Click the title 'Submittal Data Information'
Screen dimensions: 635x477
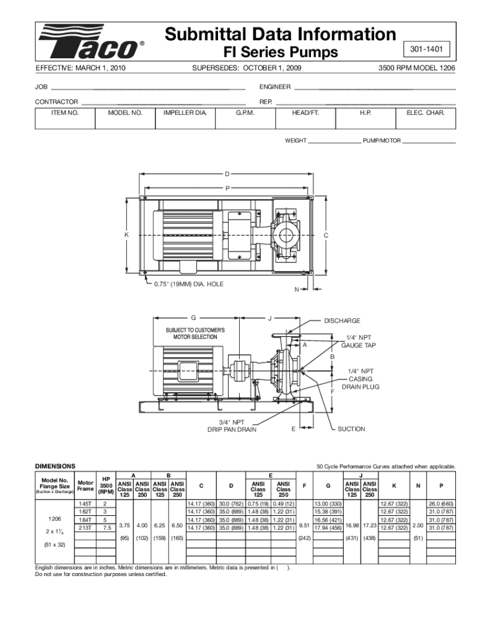pos(280,33)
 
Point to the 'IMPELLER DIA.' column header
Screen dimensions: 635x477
pos(185,113)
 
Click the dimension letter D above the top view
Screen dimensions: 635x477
pos(227,173)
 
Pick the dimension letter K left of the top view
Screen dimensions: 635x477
pos(126,235)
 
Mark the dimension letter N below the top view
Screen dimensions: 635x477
pos(297,290)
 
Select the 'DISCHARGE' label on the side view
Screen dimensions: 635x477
pos(342,321)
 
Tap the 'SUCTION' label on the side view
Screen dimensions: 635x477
pos(351,429)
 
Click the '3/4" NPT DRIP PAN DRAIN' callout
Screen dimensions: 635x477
pos(231,425)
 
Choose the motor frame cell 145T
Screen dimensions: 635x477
pos(85,504)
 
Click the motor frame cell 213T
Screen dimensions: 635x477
pos(85,528)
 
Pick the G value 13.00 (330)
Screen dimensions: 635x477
pos(328,504)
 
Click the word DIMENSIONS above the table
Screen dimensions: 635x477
pos(55,466)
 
